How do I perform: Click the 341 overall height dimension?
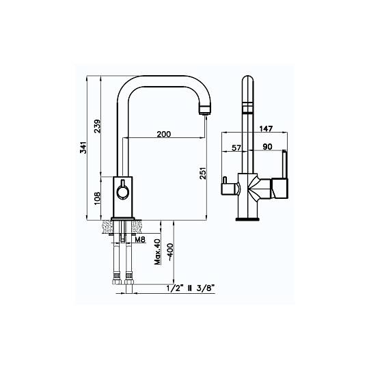pyautogui.click(x=83, y=148)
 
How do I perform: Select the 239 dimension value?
pyautogui.click(x=97, y=126)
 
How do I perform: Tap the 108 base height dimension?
pyautogui.click(x=97, y=198)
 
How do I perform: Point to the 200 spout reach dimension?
pyautogui.click(x=164, y=134)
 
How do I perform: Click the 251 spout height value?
pyautogui.click(x=203, y=173)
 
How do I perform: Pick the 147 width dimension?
pyautogui.click(x=266, y=128)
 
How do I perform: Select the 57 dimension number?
pyautogui.click(x=236, y=148)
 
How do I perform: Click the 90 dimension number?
pyautogui.click(x=267, y=147)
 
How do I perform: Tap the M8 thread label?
pyautogui.click(x=141, y=240)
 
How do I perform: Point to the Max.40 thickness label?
pyautogui.click(x=157, y=251)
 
